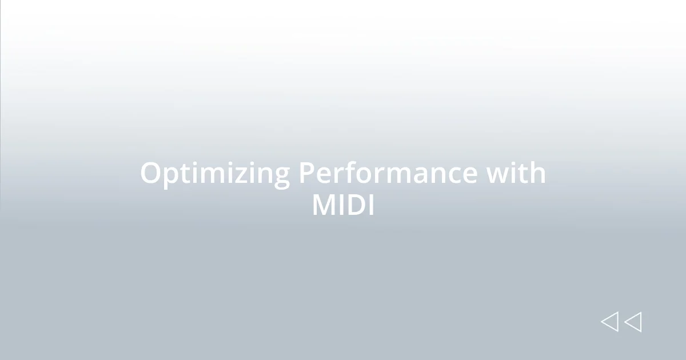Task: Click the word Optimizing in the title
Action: pyautogui.click(x=215, y=174)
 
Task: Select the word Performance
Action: pyautogui.click(x=388, y=174)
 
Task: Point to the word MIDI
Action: pyautogui.click(x=343, y=206)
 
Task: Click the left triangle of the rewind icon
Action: pyautogui.click(x=609, y=322)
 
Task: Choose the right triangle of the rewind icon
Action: pyautogui.click(x=633, y=322)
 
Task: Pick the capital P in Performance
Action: pyautogui.click(x=306, y=173)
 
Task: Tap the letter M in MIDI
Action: pyautogui.click(x=324, y=206)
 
